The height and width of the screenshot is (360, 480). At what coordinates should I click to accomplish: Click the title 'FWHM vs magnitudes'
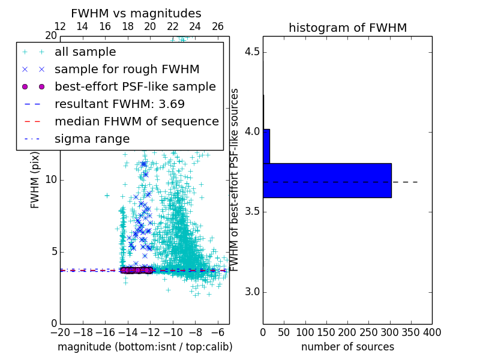click(x=136, y=13)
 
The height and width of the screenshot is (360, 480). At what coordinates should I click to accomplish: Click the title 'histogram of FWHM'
click(x=347, y=28)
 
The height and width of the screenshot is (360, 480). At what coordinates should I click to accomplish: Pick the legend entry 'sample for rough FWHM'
click(x=127, y=69)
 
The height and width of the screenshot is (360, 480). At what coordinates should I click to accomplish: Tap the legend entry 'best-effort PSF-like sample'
click(x=135, y=86)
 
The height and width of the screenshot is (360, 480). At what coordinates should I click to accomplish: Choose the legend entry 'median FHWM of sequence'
click(x=136, y=121)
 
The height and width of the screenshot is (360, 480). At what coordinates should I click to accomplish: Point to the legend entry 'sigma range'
click(x=92, y=139)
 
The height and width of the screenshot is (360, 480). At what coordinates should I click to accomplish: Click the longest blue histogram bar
click(x=327, y=180)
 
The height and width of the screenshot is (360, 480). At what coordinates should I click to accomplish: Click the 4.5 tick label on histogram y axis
click(x=251, y=52)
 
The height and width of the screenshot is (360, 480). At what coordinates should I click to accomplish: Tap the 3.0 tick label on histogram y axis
click(x=251, y=292)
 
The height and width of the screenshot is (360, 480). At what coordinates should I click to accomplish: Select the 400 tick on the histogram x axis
click(x=432, y=332)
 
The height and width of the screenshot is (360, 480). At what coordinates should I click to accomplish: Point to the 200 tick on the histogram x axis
click(x=347, y=332)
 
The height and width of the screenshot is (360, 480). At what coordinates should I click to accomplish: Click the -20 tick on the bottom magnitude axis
click(x=60, y=332)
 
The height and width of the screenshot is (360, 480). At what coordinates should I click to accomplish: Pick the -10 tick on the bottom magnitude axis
click(x=173, y=332)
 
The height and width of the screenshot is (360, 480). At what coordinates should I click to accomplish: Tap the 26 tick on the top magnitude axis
click(x=218, y=26)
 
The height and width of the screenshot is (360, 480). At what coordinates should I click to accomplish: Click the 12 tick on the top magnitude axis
click(x=60, y=26)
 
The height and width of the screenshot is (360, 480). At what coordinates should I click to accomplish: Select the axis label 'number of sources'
click(x=347, y=347)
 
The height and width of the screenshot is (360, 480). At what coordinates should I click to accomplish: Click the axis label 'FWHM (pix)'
click(x=35, y=179)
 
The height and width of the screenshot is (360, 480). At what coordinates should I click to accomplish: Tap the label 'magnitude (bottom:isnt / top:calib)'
click(x=145, y=347)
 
